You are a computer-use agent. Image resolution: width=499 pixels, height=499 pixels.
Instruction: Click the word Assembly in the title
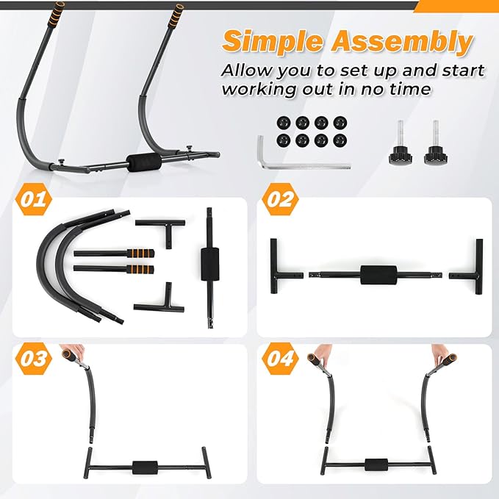pyautogui.click(x=401, y=42)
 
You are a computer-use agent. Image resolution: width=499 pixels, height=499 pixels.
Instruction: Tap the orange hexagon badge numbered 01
pyautogui.click(x=33, y=199)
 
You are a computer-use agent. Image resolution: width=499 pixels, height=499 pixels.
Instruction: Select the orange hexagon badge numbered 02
pyautogui.click(x=281, y=199)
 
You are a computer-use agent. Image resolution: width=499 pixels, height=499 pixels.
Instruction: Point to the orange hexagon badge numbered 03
pyautogui.click(x=33, y=359)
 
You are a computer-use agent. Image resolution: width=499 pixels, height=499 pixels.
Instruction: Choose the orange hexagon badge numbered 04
pyautogui.click(x=281, y=359)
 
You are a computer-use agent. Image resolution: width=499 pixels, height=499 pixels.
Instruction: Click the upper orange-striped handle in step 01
pyautogui.click(x=114, y=254)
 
